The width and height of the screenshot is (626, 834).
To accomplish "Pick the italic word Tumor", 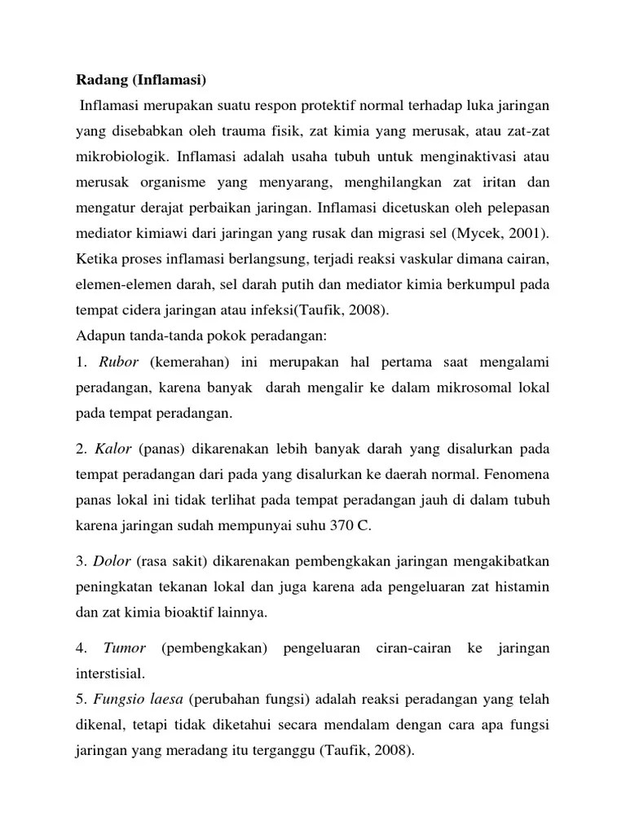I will pos(125,647).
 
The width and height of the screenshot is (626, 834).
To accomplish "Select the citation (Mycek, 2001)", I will pos(498,235).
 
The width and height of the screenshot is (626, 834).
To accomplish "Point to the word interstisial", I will pos(113,674).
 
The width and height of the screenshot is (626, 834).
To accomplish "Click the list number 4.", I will pos(81,647).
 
